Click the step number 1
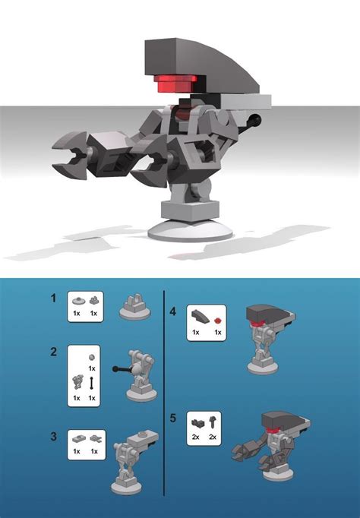(x=53, y=298)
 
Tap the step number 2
(x=53, y=352)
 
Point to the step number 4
(x=173, y=311)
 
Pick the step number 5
(x=173, y=416)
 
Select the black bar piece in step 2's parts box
(x=92, y=383)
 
